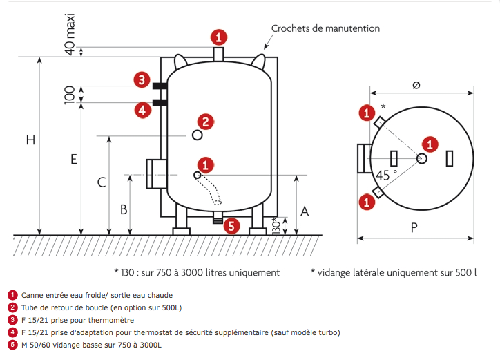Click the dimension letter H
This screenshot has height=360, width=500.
(30, 140)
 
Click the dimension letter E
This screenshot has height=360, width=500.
(73, 160)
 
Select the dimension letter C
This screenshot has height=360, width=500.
(101, 183)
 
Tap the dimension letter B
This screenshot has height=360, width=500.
(124, 209)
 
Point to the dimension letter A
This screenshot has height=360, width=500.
(305, 211)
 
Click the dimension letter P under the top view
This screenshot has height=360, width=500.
(414, 228)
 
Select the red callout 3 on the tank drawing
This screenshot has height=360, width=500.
(142, 81)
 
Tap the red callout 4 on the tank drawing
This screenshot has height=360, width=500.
(142, 109)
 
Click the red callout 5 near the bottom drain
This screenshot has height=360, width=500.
(232, 225)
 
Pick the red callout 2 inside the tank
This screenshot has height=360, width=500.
(206, 121)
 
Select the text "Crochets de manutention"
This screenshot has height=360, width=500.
(325, 28)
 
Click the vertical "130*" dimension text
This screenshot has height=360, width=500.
(275, 226)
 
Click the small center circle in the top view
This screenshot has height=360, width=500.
(422, 158)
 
